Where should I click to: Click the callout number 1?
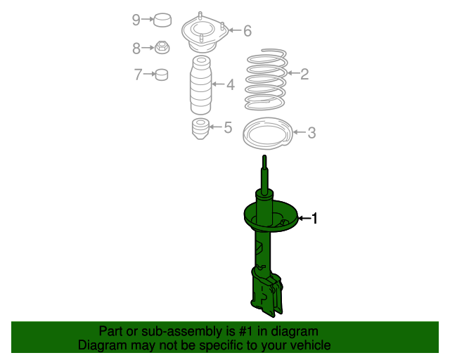click(x=315, y=219)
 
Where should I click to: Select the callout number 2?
click(x=304, y=74)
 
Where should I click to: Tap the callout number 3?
click(x=311, y=132)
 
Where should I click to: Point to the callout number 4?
click(x=230, y=85)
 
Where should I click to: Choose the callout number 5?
click(x=227, y=127)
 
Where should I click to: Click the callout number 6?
click(x=247, y=30)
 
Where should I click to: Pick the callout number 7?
click(x=138, y=73)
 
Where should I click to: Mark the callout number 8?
click(x=136, y=48)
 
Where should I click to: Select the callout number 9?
click(x=136, y=20)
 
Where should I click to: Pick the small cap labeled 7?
click(x=162, y=74)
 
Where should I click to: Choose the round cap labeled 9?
click(x=164, y=20)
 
